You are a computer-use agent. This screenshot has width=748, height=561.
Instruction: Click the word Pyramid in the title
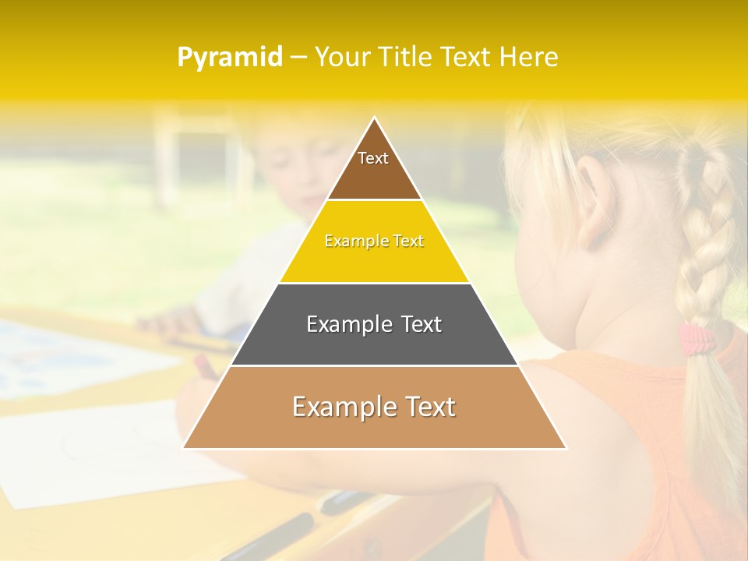230,58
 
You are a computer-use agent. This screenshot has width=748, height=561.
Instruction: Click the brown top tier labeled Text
374,168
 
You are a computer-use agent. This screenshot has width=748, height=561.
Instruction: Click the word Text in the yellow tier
408,242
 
